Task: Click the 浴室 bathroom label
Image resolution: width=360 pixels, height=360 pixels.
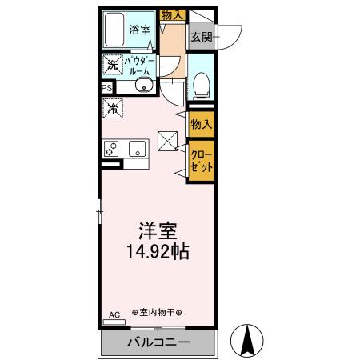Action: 140,30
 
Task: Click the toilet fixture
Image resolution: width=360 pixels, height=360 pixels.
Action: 201,83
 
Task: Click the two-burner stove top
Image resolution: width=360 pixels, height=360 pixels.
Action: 111,149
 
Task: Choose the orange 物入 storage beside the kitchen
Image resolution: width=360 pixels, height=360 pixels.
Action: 201,123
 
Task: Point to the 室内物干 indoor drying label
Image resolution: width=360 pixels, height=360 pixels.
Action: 157,313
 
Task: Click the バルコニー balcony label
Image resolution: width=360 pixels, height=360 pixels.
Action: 158,342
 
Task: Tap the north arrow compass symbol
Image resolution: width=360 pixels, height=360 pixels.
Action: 248,341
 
